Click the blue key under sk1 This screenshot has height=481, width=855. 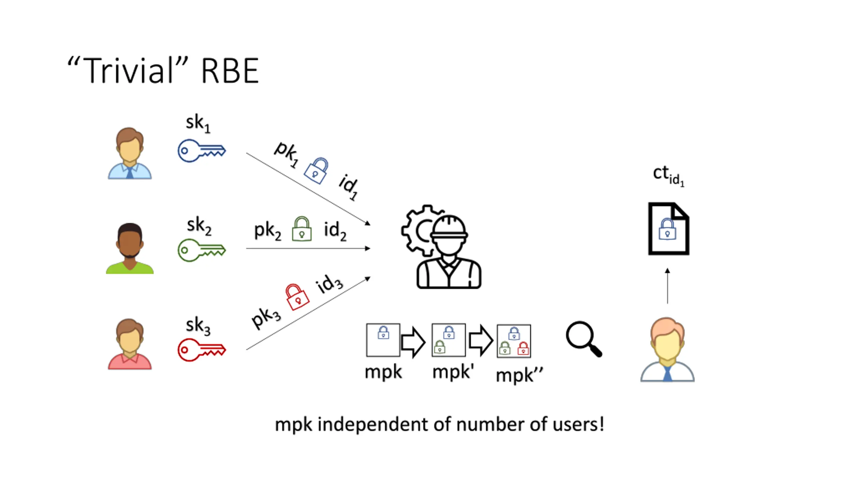(x=201, y=151)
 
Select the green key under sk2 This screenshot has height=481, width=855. (x=201, y=250)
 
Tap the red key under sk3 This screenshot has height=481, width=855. (x=201, y=350)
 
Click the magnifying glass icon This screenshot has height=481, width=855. (x=583, y=339)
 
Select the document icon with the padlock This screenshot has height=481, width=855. (x=668, y=229)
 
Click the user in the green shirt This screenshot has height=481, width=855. (x=130, y=249)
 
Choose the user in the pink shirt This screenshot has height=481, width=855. (x=130, y=344)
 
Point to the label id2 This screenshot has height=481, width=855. (x=335, y=230)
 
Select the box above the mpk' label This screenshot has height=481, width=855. (x=448, y=340)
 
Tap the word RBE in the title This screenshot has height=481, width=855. (x=230, y=71)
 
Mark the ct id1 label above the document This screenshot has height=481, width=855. (x=668, y=175)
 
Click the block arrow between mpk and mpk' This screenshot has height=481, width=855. (x=413, y=342)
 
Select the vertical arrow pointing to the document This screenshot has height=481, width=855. (x=667, y=286)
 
